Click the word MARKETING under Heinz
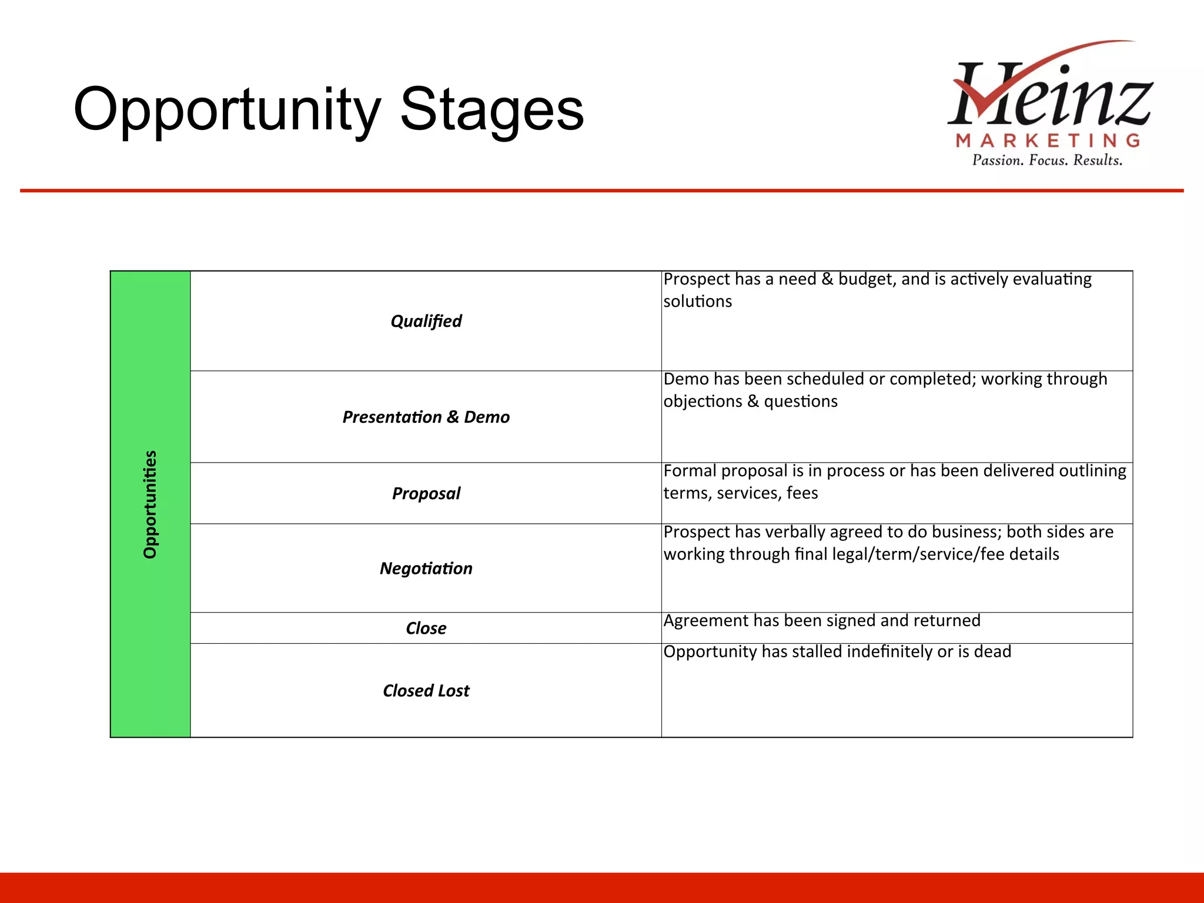[x=1048, y=141]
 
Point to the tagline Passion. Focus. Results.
[x=1047, y=160]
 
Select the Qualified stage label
[x=426, y=321]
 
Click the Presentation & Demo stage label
[x=426, y=417]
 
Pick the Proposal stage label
[x=426, y=493]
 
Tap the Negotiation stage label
[x=426, y=568]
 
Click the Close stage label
[x=426, y=628]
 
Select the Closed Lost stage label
[x=426, y=690]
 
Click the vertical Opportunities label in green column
[x=150, y=504]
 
